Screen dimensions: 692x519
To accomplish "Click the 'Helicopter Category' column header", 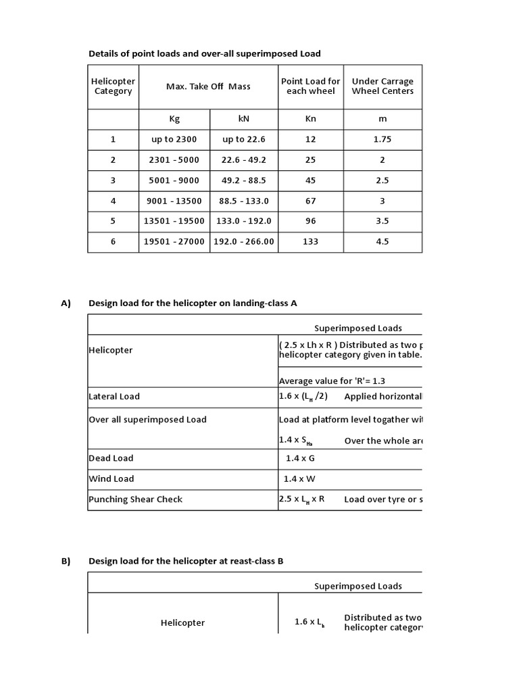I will pos(113,86).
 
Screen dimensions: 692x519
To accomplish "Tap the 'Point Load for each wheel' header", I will pos(311,86).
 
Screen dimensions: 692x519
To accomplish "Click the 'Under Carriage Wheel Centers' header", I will pos(382,86).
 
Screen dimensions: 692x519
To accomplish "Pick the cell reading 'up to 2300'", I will pos(174,139).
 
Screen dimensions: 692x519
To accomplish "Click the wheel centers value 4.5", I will pos(382,241).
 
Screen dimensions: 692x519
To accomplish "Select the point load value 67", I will pos(311,201).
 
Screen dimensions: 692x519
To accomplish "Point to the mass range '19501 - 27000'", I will pos(174,241).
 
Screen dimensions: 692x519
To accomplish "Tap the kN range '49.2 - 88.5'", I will pos(244,180).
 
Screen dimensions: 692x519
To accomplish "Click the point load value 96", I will pos(311,221).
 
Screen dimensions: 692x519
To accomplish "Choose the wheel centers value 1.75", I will pos(382,139).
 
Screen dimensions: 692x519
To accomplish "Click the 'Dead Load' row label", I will pos(112,458).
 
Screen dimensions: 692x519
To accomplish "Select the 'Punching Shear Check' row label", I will pos(136,499).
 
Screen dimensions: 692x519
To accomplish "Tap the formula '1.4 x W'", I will pos(301,479).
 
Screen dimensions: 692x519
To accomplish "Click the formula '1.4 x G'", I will pos(300,458).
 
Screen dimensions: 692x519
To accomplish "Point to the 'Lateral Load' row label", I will pos(115,397).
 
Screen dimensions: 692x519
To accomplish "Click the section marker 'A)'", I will pos(66,303).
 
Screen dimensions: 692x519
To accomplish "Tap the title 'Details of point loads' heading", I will pos(204,53).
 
